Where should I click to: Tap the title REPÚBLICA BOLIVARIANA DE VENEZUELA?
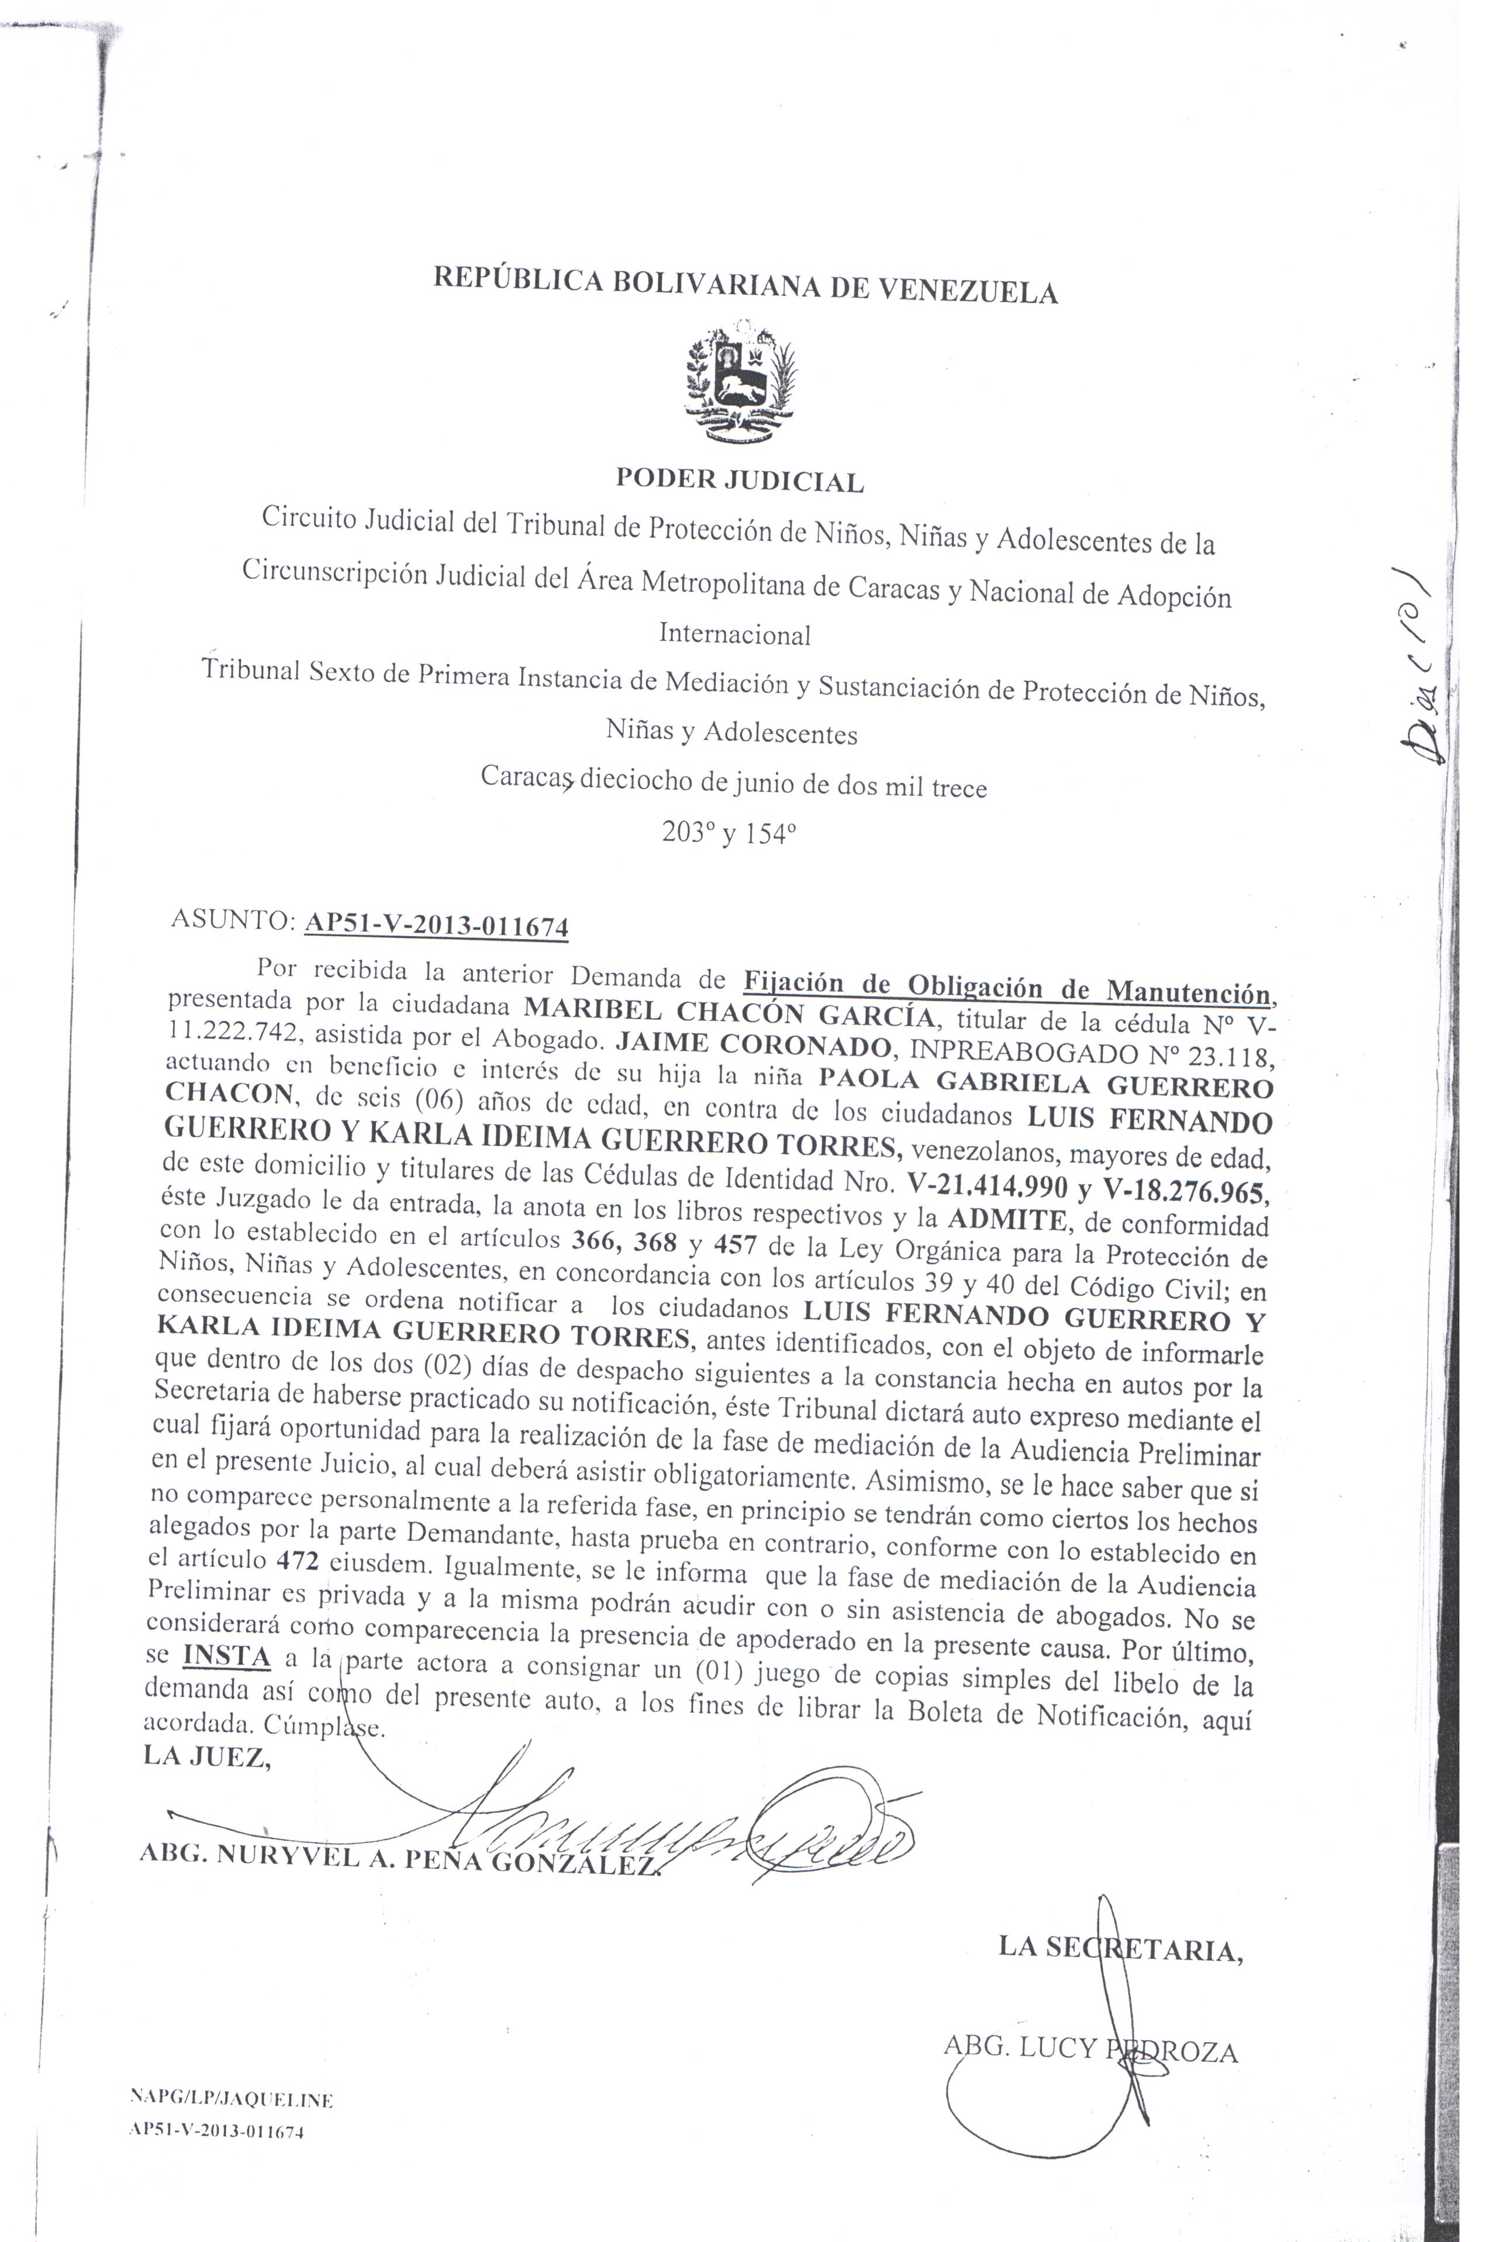point(745,284)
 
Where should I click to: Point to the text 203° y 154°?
point(729,834)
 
